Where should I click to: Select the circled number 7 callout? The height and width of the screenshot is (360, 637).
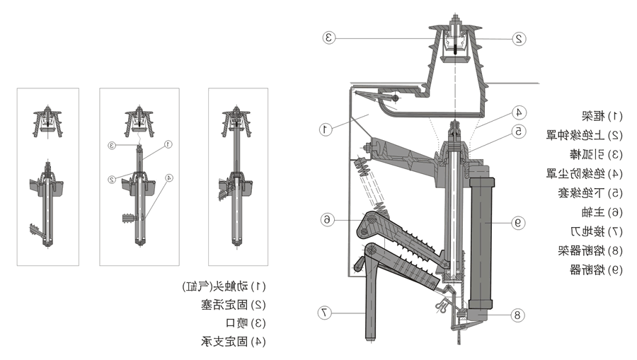pyautogui.click(x=324, y=312)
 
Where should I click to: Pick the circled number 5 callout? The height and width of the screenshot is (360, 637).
pyautogui.click(x=519, y=131)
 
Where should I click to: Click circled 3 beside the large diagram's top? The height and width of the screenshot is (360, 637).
pyautogui.click(x=328, y=37)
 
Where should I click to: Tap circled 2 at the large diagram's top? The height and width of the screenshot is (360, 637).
pyautogui.click(x=519, y=39)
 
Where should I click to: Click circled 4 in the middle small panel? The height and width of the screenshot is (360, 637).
pyautogui.click(x=168, y=178)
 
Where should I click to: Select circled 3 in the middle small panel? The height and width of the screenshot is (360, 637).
pyautogui.click(x=112, y=146)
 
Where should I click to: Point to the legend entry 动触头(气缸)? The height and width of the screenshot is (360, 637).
pyautogui.click(x=224, y=286)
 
